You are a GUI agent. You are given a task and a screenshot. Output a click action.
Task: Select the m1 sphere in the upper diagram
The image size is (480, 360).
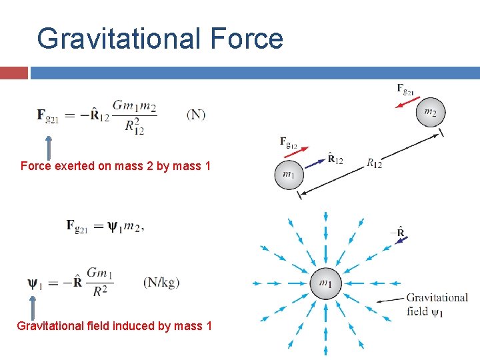click(288, 175)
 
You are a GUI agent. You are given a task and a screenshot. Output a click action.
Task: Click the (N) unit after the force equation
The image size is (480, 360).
click(196, 115)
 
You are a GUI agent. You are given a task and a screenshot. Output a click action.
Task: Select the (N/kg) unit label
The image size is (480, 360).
click(161, 283)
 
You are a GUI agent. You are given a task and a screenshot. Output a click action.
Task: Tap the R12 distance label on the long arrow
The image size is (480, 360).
click(374, 163)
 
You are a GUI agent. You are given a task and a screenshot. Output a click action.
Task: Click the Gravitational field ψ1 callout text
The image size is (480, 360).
click(437, 304)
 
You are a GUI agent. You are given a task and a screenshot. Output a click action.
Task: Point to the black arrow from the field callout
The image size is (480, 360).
click(390, 300)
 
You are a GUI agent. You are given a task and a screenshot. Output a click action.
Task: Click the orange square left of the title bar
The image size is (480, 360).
click(14, 73)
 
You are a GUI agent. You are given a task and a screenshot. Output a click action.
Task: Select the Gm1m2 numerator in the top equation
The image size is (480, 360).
click(135, 105)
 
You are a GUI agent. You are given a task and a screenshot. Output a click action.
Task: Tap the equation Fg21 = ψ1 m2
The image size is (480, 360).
click(105, 227)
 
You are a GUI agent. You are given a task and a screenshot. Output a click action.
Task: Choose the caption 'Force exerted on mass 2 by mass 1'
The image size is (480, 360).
click(115, 165)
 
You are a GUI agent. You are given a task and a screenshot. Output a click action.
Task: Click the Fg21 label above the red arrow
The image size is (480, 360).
click(405, 89)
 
